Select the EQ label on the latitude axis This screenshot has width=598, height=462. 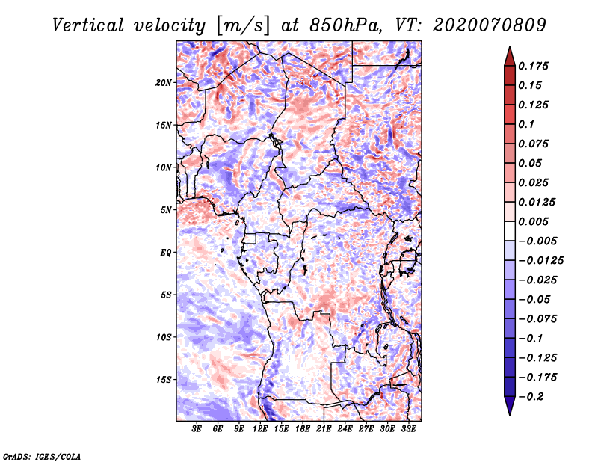click(166, 252)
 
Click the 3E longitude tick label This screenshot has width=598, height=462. click(197, 429)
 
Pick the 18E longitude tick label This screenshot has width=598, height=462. click(303, 429)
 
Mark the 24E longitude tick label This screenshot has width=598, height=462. click(345, 429)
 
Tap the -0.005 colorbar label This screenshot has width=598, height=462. click(538, 241)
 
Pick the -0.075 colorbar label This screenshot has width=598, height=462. click(538, 318)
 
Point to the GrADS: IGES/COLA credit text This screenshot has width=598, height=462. click(42, 455)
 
